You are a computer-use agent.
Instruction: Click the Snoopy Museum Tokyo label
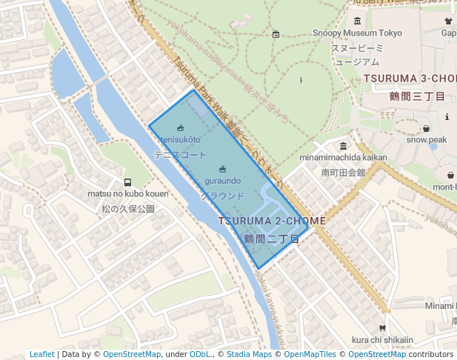[357, 33]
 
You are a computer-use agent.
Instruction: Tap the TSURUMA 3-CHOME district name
[410, 79]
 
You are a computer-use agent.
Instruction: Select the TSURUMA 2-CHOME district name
[272, 221]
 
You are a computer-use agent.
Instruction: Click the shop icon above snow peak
[426, 129]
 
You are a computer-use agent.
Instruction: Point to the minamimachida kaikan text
[343, 158]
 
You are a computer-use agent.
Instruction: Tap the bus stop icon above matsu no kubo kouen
[128, 182]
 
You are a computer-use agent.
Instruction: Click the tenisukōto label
[180, 139]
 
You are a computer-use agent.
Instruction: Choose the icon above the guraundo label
[222, 169]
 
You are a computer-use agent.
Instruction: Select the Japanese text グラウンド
[222, 196]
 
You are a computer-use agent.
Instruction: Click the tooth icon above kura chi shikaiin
[382, 328]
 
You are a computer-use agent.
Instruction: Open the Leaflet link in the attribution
[42, 355]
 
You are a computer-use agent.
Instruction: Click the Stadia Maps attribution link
[249, 355]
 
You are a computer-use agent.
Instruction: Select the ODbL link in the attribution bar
[200, 355]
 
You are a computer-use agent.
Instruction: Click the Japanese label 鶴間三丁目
[417, 96]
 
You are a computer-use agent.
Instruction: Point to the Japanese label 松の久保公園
[128, 210]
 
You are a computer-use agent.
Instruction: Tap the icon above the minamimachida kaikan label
[343, 146]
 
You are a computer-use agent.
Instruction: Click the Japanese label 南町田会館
[343, 173]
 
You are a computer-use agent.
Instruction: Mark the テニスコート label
[180, 156]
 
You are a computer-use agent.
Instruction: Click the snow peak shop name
[426, 140]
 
